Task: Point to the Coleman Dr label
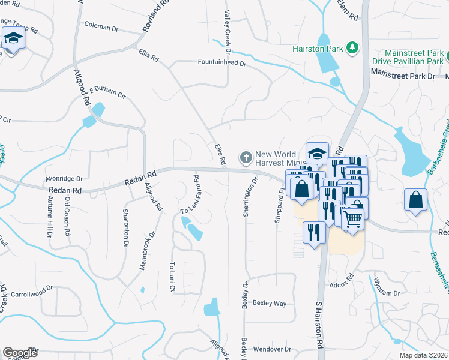pyautogui.click(x=101, y=27)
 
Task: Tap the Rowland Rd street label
pyautogui.click(x=153, y=16)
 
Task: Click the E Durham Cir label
pyautogui.click(x=107, y=95)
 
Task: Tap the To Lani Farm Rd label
pyautogui.click(x=191, y=195)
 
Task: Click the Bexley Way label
pyautogui.click(x=269, y=303)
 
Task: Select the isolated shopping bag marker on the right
pyautogui.click(x=415, y=200)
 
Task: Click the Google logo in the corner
pyautogui.click(x=20, y=353)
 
